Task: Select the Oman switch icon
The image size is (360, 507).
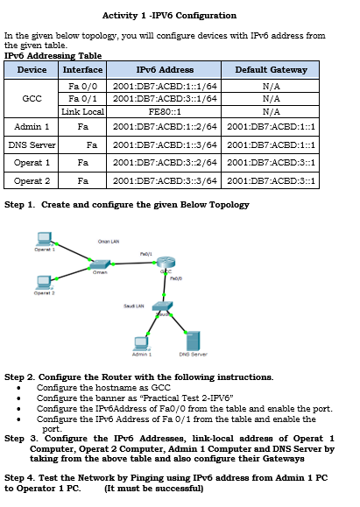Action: pyautogui.click(x=101, y=264)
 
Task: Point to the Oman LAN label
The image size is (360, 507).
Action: pyautogui.click(x=109, y=242)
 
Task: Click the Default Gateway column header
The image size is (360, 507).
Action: pyautogui.click(x=271, y=69)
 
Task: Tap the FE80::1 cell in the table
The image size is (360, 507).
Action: pyautogui.click(x=165, y=112)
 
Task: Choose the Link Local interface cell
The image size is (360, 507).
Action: pyautogui.click(x=83, y=112)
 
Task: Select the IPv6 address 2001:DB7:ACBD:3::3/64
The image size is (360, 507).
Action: pyautogui.click(x=165, y=180)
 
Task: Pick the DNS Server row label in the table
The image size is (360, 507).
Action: pyautogui.click(x=32, y=144)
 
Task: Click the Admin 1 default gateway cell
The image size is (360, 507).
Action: pyautogui.click(x=271, y=127)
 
